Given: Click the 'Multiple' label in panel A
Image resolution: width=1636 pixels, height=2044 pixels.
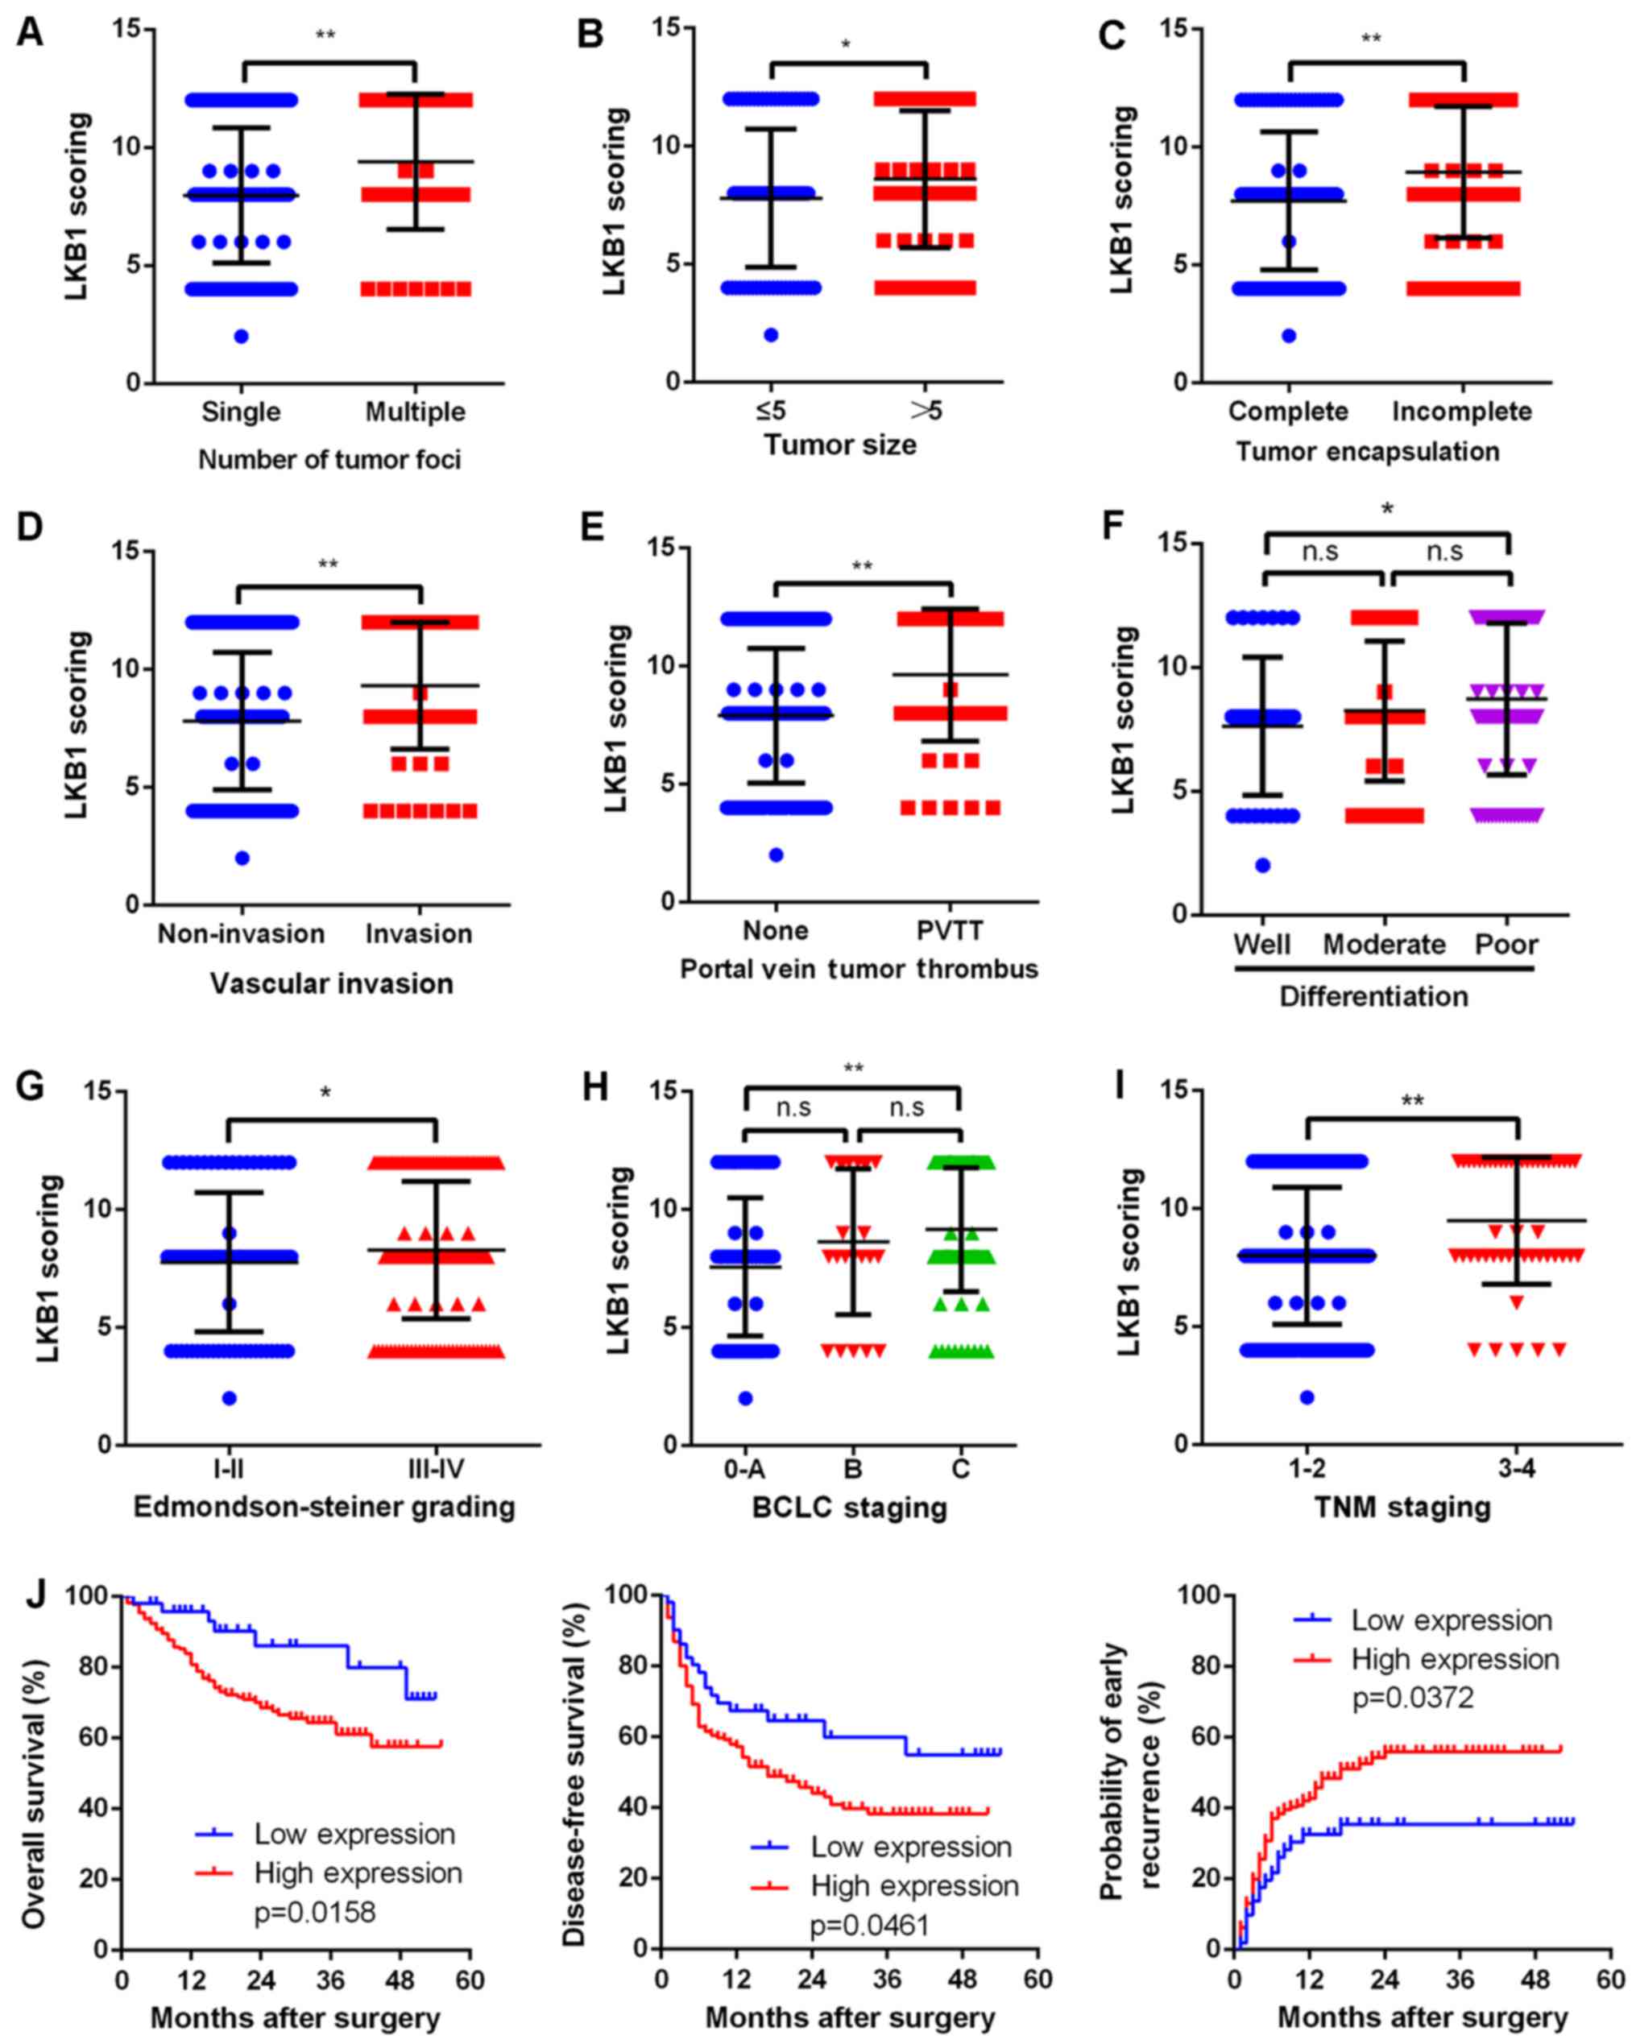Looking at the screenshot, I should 416,412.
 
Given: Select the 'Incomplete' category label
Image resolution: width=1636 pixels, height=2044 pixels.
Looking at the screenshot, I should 1461,412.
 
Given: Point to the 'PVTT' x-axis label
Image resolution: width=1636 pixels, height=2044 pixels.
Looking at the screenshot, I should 951,930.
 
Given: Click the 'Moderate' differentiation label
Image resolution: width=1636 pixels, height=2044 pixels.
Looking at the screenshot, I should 1384,944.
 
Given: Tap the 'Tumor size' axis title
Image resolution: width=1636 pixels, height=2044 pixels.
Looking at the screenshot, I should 840,444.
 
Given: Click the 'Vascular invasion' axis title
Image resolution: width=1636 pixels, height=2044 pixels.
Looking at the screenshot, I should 331,984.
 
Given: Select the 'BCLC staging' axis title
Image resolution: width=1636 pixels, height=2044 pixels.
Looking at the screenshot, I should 849,1508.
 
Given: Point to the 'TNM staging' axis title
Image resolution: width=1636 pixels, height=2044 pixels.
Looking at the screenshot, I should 1402,1507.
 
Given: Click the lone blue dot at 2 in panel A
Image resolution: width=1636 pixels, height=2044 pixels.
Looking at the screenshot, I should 241,337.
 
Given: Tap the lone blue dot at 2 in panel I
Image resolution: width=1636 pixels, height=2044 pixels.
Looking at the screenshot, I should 1307,1397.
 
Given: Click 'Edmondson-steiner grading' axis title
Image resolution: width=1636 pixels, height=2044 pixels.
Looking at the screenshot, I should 325,1507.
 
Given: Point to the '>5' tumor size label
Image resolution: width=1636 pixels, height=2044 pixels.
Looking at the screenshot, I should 926,411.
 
